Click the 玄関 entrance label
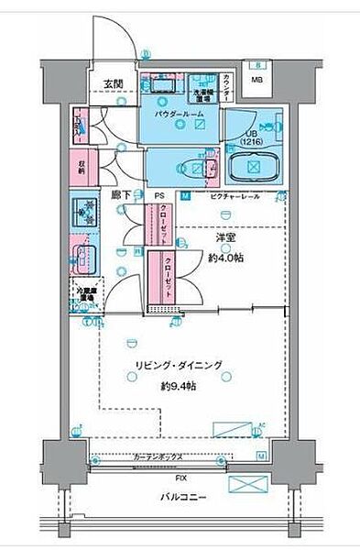coord(113,84)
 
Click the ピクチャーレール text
coord(235,196)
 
